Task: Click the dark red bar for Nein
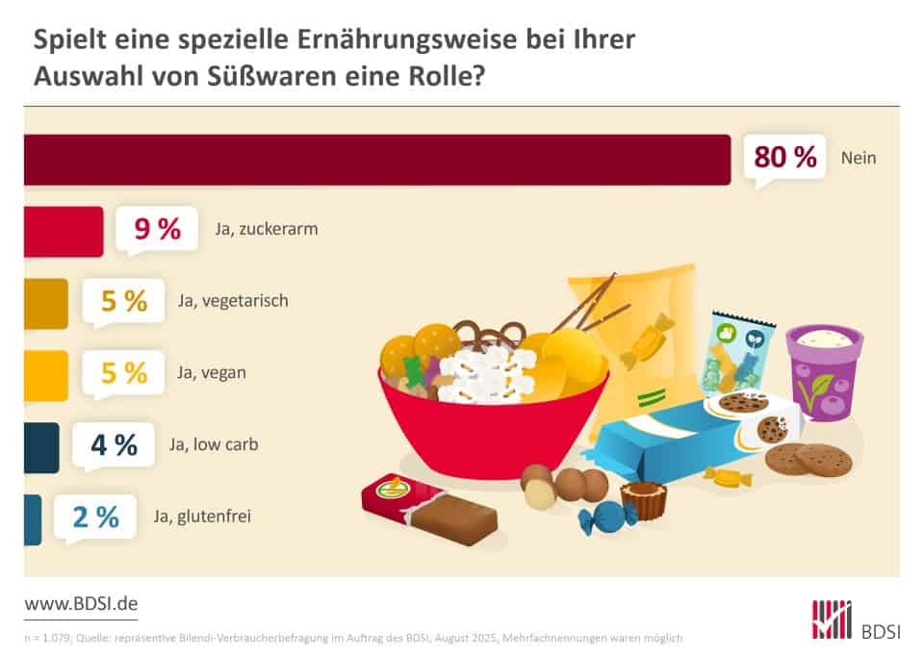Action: click(376, 160)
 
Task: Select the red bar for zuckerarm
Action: click(64, 232)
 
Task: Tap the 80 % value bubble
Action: click(784, 157)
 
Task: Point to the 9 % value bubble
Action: click(157, 230)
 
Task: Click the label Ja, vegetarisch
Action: click(233, 301)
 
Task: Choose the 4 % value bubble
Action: click(114, 444)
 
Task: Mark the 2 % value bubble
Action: click(94, 517)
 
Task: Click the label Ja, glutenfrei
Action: click(200, 517)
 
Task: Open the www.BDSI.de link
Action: click(81, 604)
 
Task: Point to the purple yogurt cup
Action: click(823, 370)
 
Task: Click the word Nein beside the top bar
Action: click(859, 158)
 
